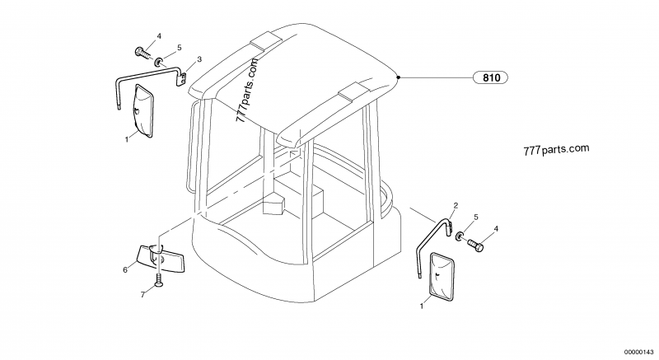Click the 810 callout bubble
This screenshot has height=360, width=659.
tap(490, 77)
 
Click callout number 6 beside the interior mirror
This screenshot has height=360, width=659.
tap(125, 270)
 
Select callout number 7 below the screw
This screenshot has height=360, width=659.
tap(143, 295)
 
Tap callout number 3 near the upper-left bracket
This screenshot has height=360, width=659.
tap(199, 59)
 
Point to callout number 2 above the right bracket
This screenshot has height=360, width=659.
tap(456, 205)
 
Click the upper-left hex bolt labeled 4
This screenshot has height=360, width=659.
tap(143, 54)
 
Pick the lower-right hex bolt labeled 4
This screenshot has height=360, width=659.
tap(475, 245)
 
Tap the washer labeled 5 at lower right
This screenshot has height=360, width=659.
tap(460, 236)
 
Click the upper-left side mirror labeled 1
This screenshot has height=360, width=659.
tap(144, 110)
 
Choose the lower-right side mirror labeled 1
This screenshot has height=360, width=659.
tap(441, 277)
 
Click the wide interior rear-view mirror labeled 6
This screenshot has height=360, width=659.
tap(161, 259)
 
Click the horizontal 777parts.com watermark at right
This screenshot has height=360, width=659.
tap(556, 150)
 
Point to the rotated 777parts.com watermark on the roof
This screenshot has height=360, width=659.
tap(246, 90)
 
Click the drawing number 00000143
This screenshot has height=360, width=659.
tap(639, 351)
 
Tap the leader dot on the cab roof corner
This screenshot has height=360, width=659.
tap(399, 77)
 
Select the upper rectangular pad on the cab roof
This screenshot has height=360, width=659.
tap(266, 41)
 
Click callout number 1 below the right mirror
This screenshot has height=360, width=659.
tap(422, 306)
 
